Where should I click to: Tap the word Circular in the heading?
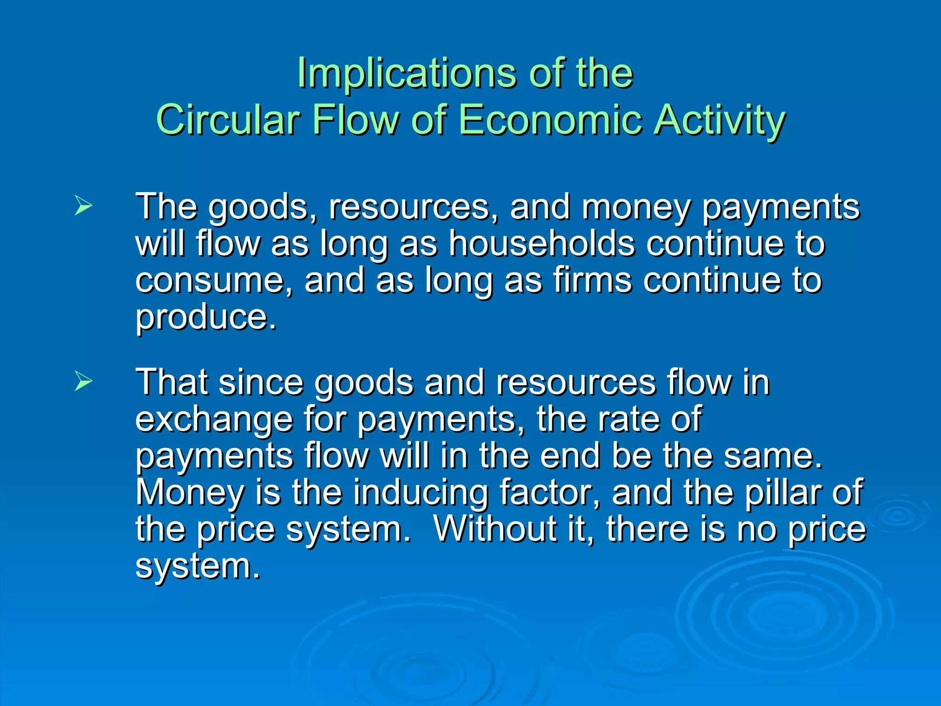228,120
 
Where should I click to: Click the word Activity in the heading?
719,120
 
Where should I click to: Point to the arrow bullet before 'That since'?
83,381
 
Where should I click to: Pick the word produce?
205,318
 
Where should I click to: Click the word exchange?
214,419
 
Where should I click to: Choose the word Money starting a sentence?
190,492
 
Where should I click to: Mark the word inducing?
420,493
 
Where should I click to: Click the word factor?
550,492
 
